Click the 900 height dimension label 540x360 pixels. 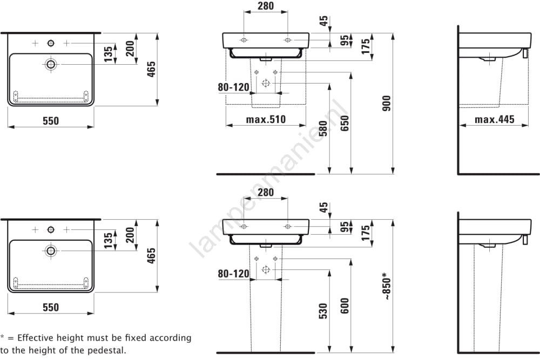(x=386, y=104)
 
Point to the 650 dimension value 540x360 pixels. (x=345, y=125)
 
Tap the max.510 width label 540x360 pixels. (x=266, y=119)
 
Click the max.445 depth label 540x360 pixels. (x=495, y=119)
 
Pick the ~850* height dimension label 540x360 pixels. (x=387, y=286)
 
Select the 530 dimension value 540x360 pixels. (x=322, y=312)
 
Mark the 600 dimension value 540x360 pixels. (x=345, y=306)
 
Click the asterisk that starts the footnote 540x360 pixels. (x=3, y=337)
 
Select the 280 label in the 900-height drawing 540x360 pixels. (x=265, y=6)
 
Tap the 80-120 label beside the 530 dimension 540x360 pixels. (x=234, y=274)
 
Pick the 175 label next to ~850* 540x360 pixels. (x=366, y=233)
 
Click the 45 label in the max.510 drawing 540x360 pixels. (x=323, y=21)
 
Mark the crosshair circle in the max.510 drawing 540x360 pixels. (x=265, y=83)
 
